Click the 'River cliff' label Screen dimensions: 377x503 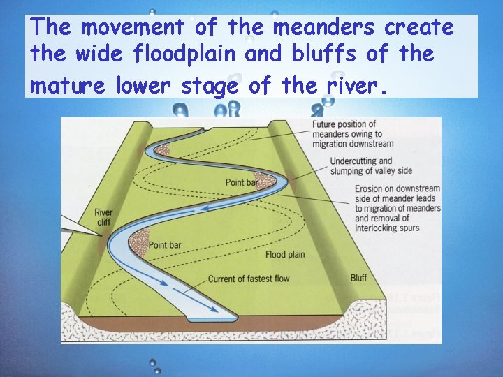coord(103,217)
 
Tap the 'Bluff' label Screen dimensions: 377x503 coord(358,278)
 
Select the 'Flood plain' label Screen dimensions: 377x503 coord(285,255)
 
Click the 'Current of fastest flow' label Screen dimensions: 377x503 coord(249,279)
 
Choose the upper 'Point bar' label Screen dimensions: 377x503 coord(242,183)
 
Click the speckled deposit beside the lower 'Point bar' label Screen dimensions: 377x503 coord(139,241)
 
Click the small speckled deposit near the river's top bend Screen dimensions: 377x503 coord(163,149)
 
